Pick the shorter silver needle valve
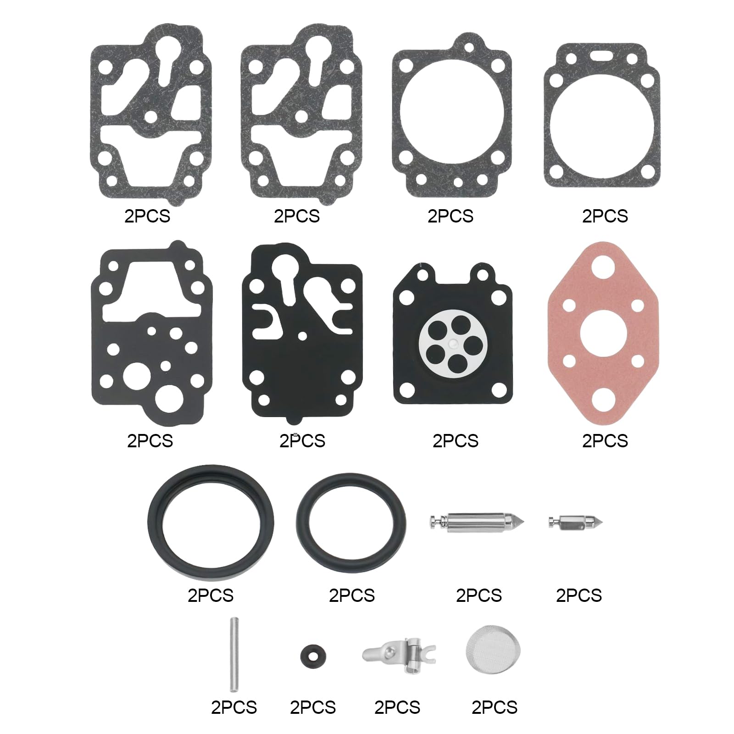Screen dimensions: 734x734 575,522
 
